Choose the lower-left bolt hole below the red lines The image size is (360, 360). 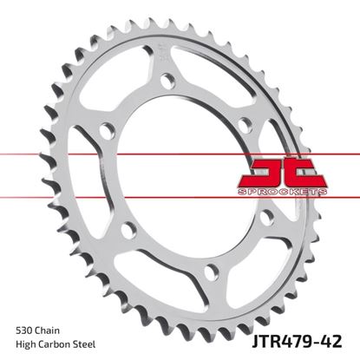point(128,229)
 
